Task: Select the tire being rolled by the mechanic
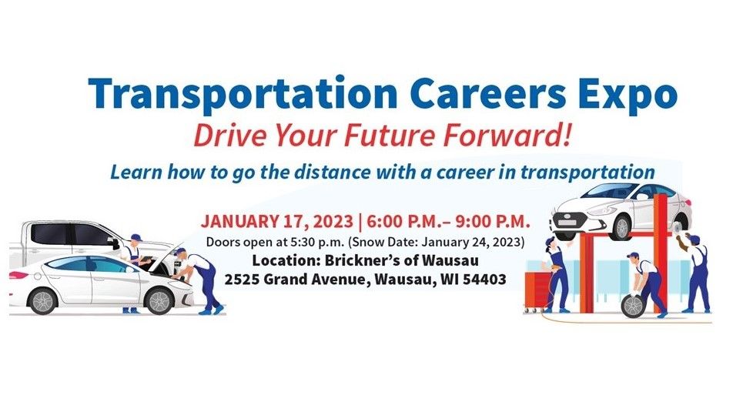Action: click(632, 306)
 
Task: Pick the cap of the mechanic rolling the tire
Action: click(633, 256)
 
